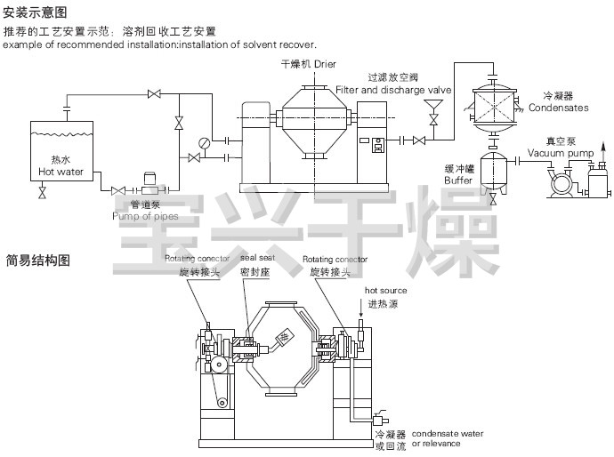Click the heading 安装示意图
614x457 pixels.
[x=35, y=12]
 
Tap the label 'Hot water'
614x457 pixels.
[x=60, y=172]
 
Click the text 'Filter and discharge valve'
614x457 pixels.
[x=392, y=90]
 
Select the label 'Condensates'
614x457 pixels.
[x=558, y=108]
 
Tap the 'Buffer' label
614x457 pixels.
[x=458, y=180]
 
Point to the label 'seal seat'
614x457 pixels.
[x=257, y=259]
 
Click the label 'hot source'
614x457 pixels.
[x=384, y=291]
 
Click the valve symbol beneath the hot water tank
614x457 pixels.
[x=42, y=193]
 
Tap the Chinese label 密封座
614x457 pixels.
[x=256, y=272]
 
